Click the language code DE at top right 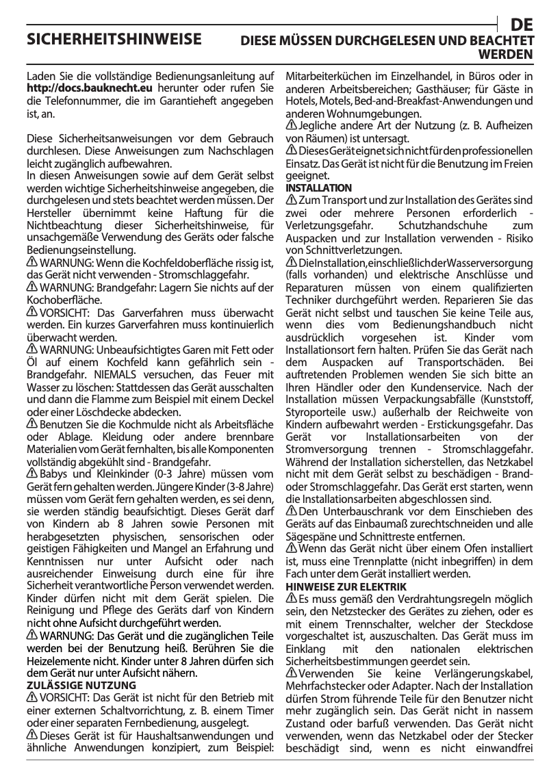click(x=522, y=24)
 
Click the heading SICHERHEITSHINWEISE click(x=114, y=38)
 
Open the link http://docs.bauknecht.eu click(x=89, y=88)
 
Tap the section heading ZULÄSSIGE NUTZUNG click(x=81, y=685)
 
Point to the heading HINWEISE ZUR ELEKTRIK click(x=346, y=587)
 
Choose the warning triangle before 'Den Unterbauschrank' click(x=291, y=511)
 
